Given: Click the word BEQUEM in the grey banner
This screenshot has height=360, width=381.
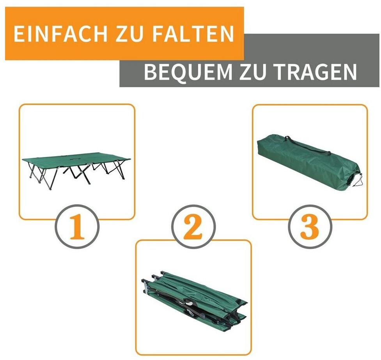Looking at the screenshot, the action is tap(188, 71).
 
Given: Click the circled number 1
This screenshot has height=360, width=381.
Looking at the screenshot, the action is tap(77, 227).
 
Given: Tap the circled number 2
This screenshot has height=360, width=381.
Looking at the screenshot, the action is tap(193, 227).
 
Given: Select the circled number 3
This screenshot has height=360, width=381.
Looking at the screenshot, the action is tap(310, 227).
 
